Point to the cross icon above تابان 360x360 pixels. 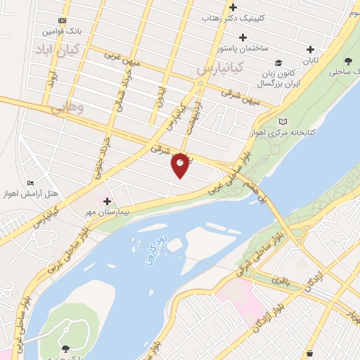[x=310, y=49]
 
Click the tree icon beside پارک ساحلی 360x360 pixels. [x=350, y=61]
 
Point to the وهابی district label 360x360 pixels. [x=67, y=108]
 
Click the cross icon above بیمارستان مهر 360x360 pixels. [x=106, y=201]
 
